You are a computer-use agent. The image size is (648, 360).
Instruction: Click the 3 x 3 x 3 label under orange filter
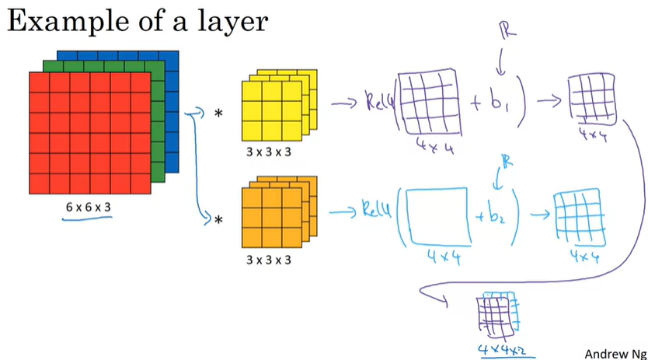coord(268,260)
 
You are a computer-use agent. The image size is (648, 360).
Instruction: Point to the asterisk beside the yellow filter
coord(218,114)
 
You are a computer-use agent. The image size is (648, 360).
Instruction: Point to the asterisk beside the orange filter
coord(218,221)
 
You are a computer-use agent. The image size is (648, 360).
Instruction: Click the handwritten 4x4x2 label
coord(496,344)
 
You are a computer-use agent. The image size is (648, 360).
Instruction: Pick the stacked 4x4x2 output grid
coord(494,312)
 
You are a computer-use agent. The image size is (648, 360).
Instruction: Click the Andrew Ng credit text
coord(615,353)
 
